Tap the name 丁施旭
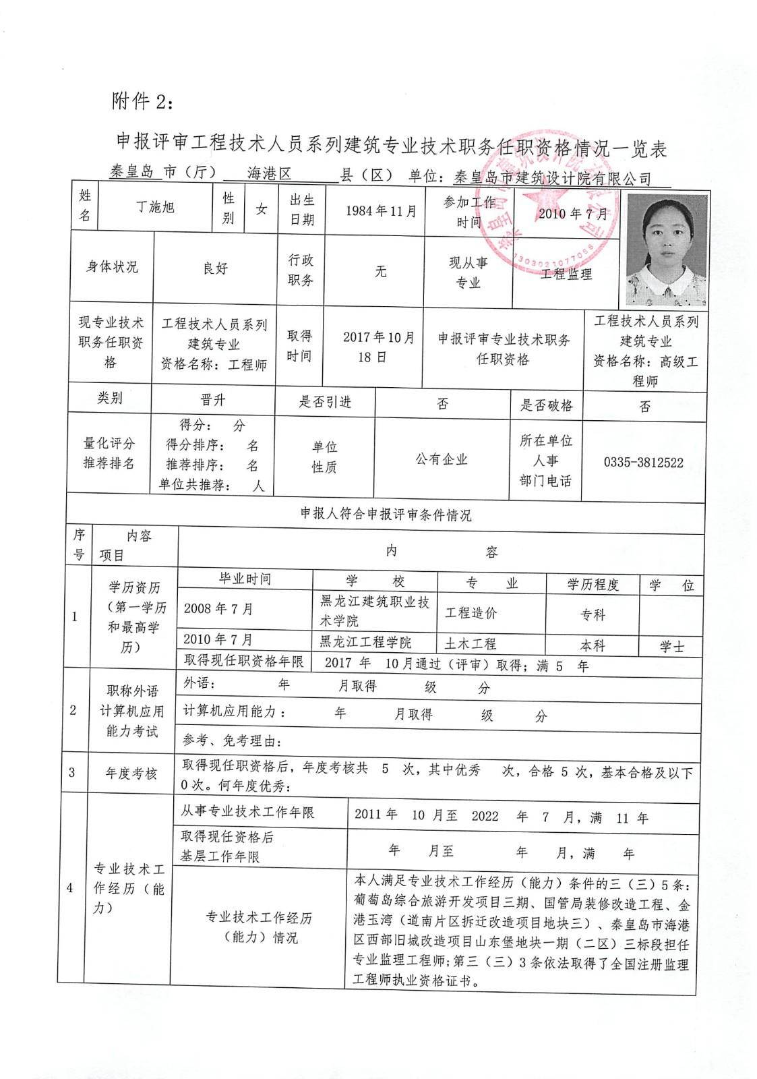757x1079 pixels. (156, 207)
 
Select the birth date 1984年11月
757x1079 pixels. (381, 211)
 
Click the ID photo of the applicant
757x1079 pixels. (667, 250)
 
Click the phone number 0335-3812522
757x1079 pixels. (643, 463)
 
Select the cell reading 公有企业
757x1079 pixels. (442, 460)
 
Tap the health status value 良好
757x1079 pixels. (216, 268)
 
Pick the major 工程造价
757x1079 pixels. (471, 613)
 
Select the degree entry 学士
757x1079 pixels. (672, 647)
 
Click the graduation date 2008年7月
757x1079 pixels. (218, 609)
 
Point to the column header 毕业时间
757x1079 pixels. (245, 579)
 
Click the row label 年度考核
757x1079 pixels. (131, 774)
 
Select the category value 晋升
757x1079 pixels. (213, 400)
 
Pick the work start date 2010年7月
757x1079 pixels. (573, 214)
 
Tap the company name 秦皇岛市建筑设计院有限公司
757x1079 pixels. (553, 179)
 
